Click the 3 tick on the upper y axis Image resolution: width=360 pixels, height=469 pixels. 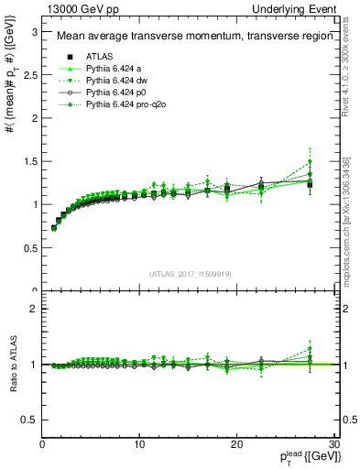[34, 30]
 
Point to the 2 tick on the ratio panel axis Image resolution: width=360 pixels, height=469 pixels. [34, 309]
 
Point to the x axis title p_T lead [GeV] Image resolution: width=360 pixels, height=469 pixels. [300, 458]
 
